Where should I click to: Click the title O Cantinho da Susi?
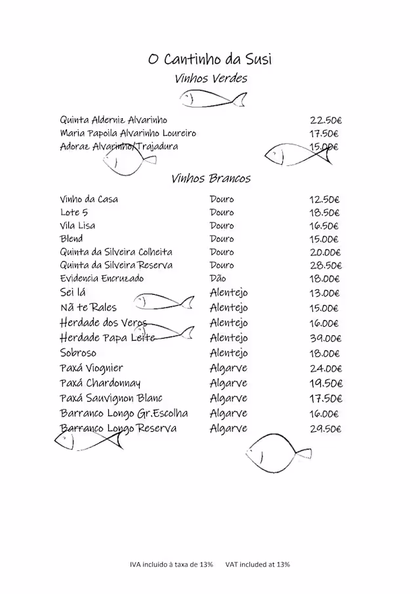point(210,60)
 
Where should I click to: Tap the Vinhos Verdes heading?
point(211,79)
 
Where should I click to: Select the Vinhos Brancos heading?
point(211,179)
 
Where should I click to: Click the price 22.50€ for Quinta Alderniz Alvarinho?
point(325,120)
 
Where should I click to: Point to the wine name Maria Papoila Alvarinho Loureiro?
point(128,133)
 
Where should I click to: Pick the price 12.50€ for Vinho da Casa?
point(325,200)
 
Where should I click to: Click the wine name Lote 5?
point(73,213)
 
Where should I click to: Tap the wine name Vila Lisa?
point(77,226)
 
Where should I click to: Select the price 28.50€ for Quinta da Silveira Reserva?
point(325,266)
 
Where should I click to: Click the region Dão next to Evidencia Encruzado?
point(218,279)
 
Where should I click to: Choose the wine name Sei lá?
point(73,293)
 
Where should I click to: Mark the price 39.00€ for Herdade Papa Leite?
point(325,339)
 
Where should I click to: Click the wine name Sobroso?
point(78,353)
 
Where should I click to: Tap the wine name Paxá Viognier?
point(91,368)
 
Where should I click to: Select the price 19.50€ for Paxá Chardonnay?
point(325,383)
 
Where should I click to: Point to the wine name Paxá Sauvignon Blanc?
point(111,398)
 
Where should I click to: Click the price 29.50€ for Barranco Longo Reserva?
point(325,429)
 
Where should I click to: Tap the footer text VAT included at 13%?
point(257,564)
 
